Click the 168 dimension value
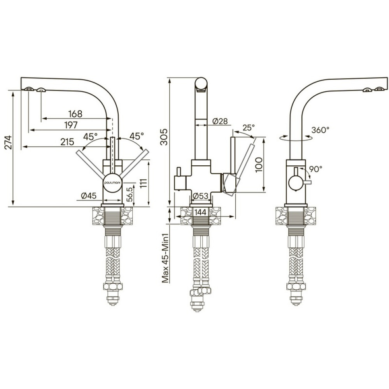click(75, 114)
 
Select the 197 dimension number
click(71, 125)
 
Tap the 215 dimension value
click(67, 142)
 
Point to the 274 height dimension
click(9, 142)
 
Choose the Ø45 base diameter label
click(89, 196)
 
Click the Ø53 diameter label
click(200, 196)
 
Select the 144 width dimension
click(200, 212)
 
